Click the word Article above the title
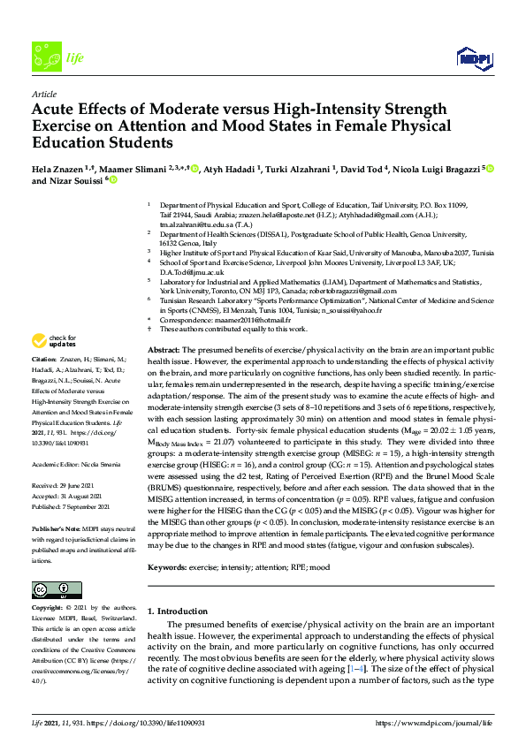pos(44,94)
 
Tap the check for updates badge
pos(54,340)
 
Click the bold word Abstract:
pos(164,351)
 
